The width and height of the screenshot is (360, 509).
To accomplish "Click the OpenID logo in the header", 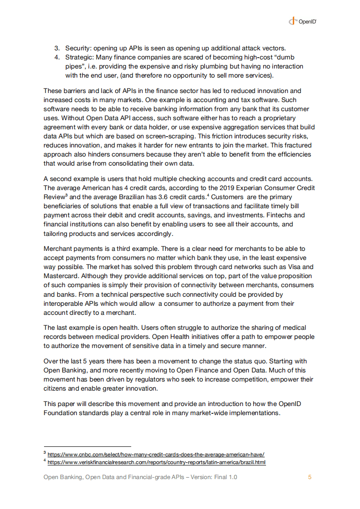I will pos(302,21).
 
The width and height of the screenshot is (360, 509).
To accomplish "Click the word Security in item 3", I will pos(78,48).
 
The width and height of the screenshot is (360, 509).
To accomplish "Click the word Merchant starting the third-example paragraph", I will pos(58,249).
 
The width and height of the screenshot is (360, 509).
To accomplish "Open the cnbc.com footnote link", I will pos(156,454).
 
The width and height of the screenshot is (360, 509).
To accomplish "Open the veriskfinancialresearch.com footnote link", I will pos(156,462).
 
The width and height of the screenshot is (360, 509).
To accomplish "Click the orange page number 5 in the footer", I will pos(310,477).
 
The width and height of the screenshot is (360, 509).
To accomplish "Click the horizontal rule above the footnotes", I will pos(87,446).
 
